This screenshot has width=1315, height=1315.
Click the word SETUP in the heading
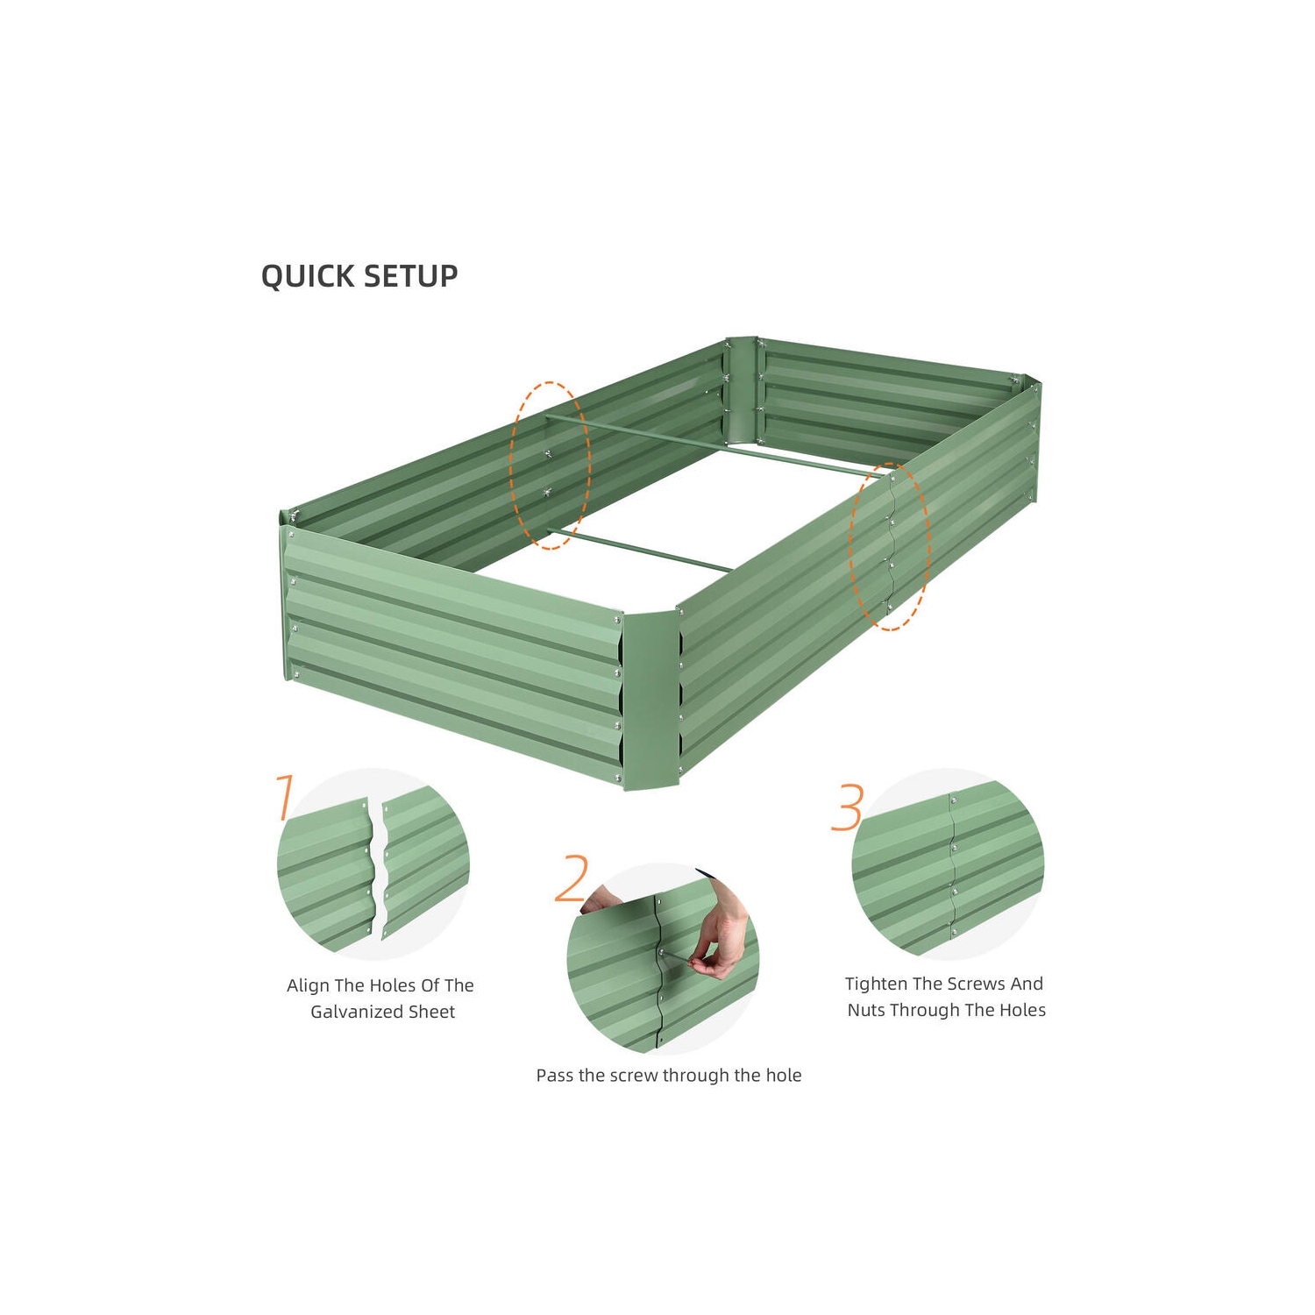[x=410, y=276]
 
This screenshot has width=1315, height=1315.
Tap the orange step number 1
[x=284, y=797]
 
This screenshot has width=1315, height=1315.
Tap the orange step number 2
[x=572, y=878]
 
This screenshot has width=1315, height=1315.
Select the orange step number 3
[x=847, y=807]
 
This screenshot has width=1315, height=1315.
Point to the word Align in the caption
[x=308, y=985]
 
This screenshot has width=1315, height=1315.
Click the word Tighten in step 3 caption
[x=876, y=984]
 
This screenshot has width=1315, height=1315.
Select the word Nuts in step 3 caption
[x=865, y=1010]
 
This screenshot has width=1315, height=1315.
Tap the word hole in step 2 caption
[x=783, y=1075]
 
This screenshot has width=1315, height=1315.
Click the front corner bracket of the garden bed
[x=650, y=701]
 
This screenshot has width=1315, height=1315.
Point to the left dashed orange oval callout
[x=551, y=465]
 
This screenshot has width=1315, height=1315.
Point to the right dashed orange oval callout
[x=889, y=546]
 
